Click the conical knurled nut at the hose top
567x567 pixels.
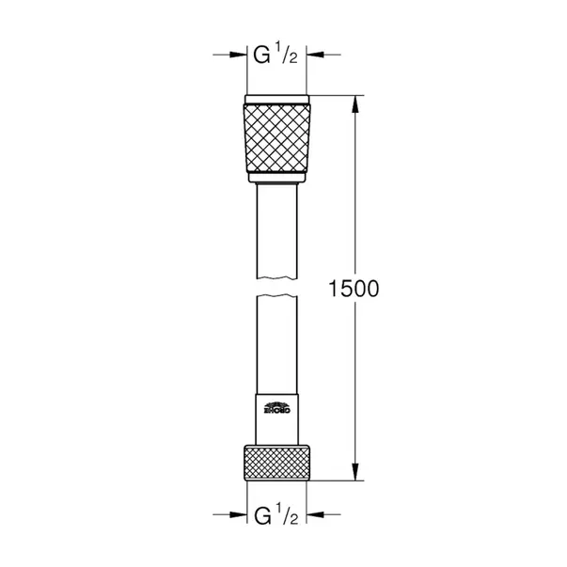pyautogui.click(x=276, y=141)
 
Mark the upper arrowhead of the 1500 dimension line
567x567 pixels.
pyautogui.click(x=354, y=101)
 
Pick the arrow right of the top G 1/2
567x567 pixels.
pyautogui.click(x=317, y=55)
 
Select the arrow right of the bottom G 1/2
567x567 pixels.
pyautogui.click(x=317, y=515)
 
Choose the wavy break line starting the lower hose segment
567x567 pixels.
pyautogui.click(x=276, y=298)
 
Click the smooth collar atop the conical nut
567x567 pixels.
pyautogui.click(x=276, y=101)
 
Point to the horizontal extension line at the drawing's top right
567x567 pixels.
pyautogui.click(x=339, y=95)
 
